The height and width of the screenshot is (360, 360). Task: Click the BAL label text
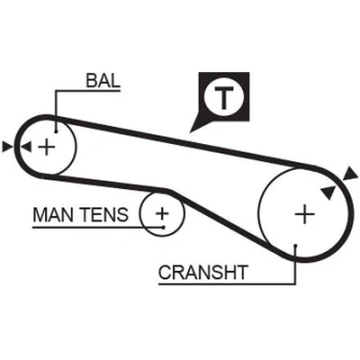click(x=103, y=80)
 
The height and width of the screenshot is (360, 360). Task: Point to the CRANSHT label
click(x=203, y=273)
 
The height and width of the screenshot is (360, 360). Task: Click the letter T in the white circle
click(x=223, y=97)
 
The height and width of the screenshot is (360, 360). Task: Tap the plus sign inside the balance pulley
click(x=47, y=147)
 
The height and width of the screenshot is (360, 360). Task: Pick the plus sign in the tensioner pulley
click(x=162, y=213)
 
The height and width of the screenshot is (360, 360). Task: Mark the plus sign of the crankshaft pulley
click(x=304, y=214)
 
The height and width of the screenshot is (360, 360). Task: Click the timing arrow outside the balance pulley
click(x=7, y=147)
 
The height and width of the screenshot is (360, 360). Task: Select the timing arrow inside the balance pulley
click(x=26, y=147)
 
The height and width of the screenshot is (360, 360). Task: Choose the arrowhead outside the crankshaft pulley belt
click(x=350, y=175)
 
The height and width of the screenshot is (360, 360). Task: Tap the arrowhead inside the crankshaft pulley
click(x=328, y=192)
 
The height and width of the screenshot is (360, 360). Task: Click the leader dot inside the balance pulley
click(x=56, y=131)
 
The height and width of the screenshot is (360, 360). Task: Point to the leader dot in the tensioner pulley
click(x=163, y=227)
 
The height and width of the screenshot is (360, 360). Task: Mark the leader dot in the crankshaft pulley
click(x=295, y=246)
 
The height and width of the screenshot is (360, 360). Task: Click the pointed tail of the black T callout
click(x=191, y=131)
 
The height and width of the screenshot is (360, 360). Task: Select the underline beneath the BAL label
click(x=88, y=90)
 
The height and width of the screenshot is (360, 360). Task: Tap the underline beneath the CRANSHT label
click(x=227, y=283)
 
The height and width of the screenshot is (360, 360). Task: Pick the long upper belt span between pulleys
click(x=186, y=143)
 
